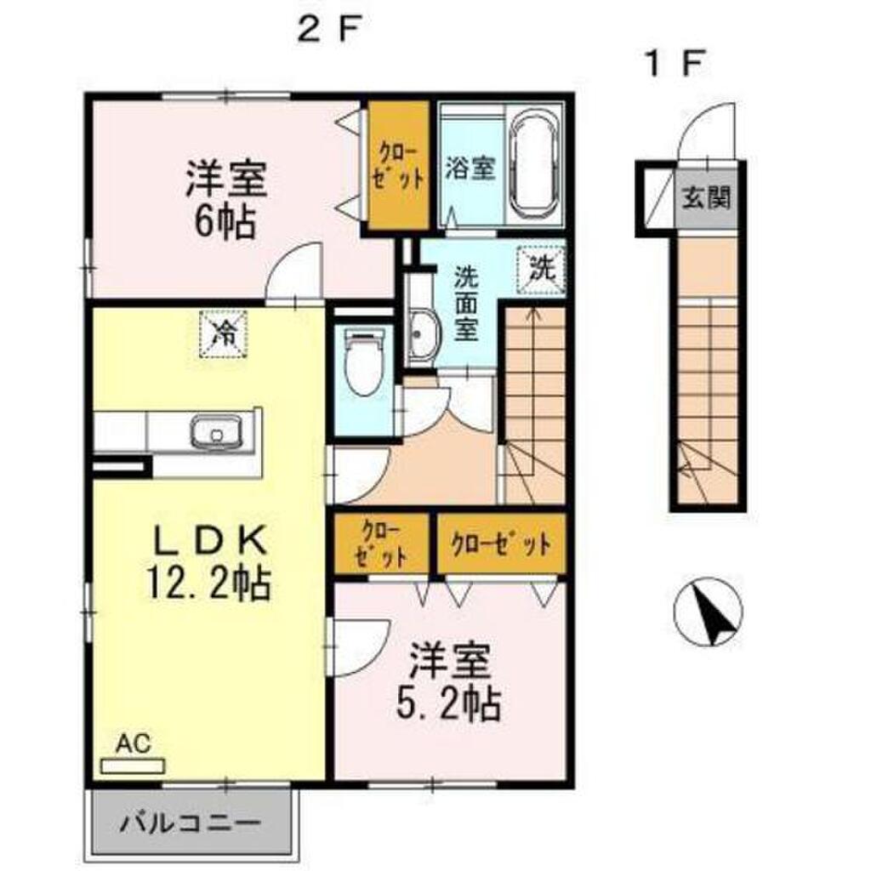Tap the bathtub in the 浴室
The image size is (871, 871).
[x=535, y=166]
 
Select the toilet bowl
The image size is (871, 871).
[x=364, y=361]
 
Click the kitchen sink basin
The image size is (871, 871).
[x=217, y=430]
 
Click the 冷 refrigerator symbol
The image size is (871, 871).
[x=224, y=334]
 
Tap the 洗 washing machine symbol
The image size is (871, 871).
[x=541, y=270]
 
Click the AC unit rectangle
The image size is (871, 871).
[x=132, y=766]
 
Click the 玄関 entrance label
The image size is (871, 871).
[x=705, y=196]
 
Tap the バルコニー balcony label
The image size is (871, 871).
[x=190, y=823]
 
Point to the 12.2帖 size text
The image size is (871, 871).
[x=208, y=583]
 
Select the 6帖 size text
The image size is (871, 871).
[x=225, y=222]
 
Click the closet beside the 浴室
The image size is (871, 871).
[x=400, y=165]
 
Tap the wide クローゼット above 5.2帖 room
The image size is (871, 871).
[x=501, y=544]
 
